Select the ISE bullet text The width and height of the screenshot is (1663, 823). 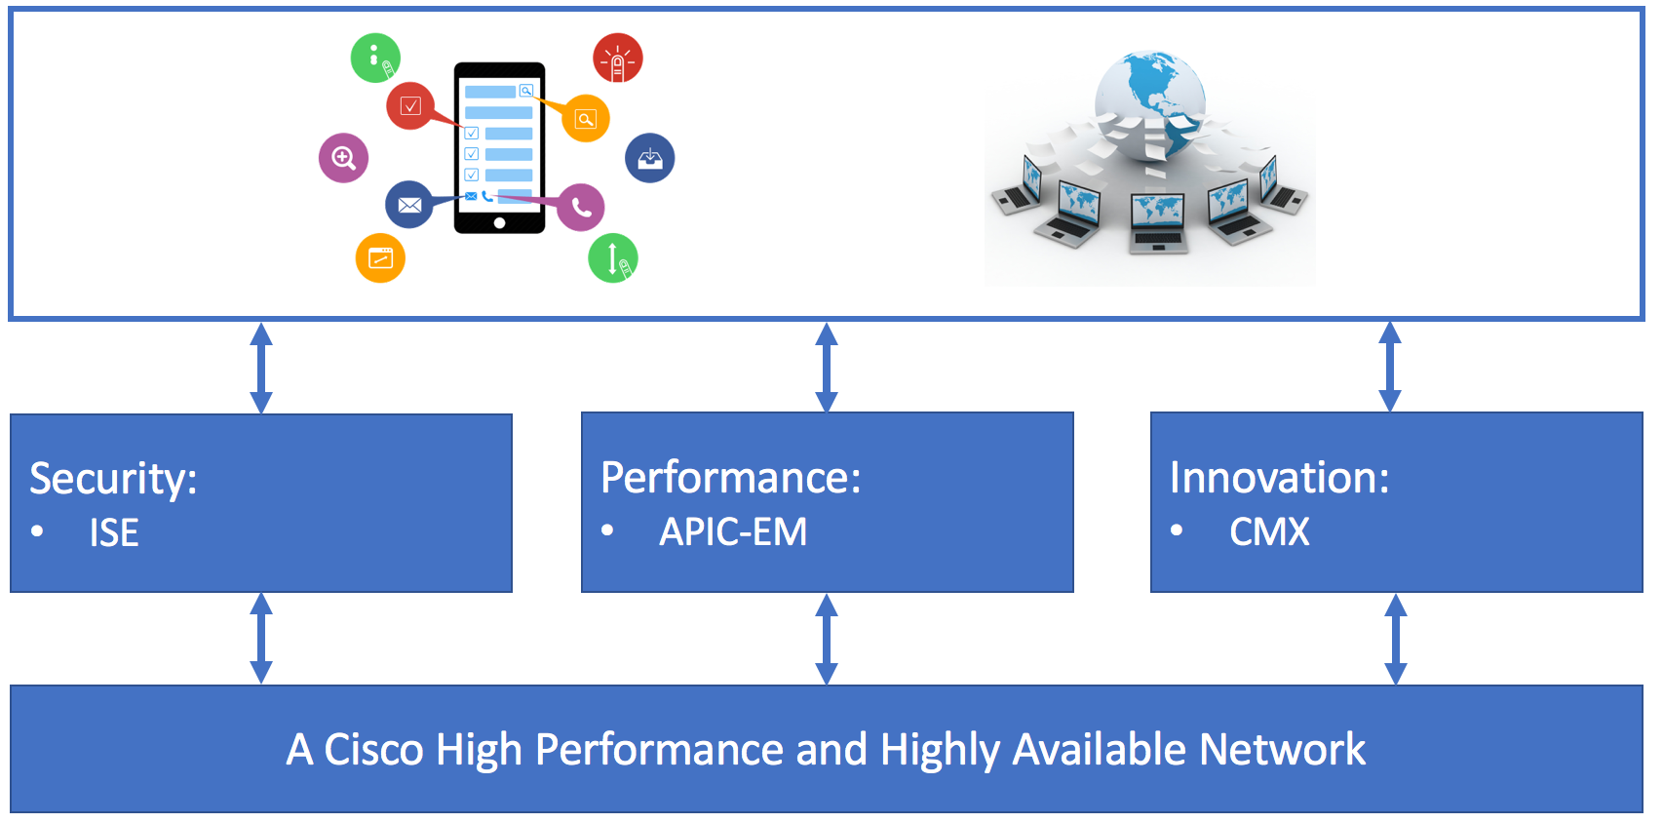tap(114, 532)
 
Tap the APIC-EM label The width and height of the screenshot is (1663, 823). tap(733, 532)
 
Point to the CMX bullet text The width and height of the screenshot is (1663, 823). tap(1269, 532)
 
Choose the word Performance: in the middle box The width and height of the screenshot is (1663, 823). tap(731, 478)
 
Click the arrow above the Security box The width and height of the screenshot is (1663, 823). tap(261, 368)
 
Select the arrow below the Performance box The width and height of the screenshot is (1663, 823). tap(827, 640)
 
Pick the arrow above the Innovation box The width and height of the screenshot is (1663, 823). tap(1390, 367)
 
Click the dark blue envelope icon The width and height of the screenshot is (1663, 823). tap(409, 205)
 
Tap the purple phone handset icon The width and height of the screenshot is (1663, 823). tap(581, 207)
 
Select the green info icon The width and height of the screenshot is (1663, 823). tap(375, 58)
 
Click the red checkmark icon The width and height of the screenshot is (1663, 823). tap(410, 105)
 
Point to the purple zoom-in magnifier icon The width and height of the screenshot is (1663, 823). tap(343, 158)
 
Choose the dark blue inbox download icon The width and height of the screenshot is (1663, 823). tap(650, 158)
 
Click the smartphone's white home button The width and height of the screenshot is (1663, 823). tap(500, 223)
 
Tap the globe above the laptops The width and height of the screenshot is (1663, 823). tap(1150, 98)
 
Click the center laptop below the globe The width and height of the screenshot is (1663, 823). tap(1158, 222)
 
